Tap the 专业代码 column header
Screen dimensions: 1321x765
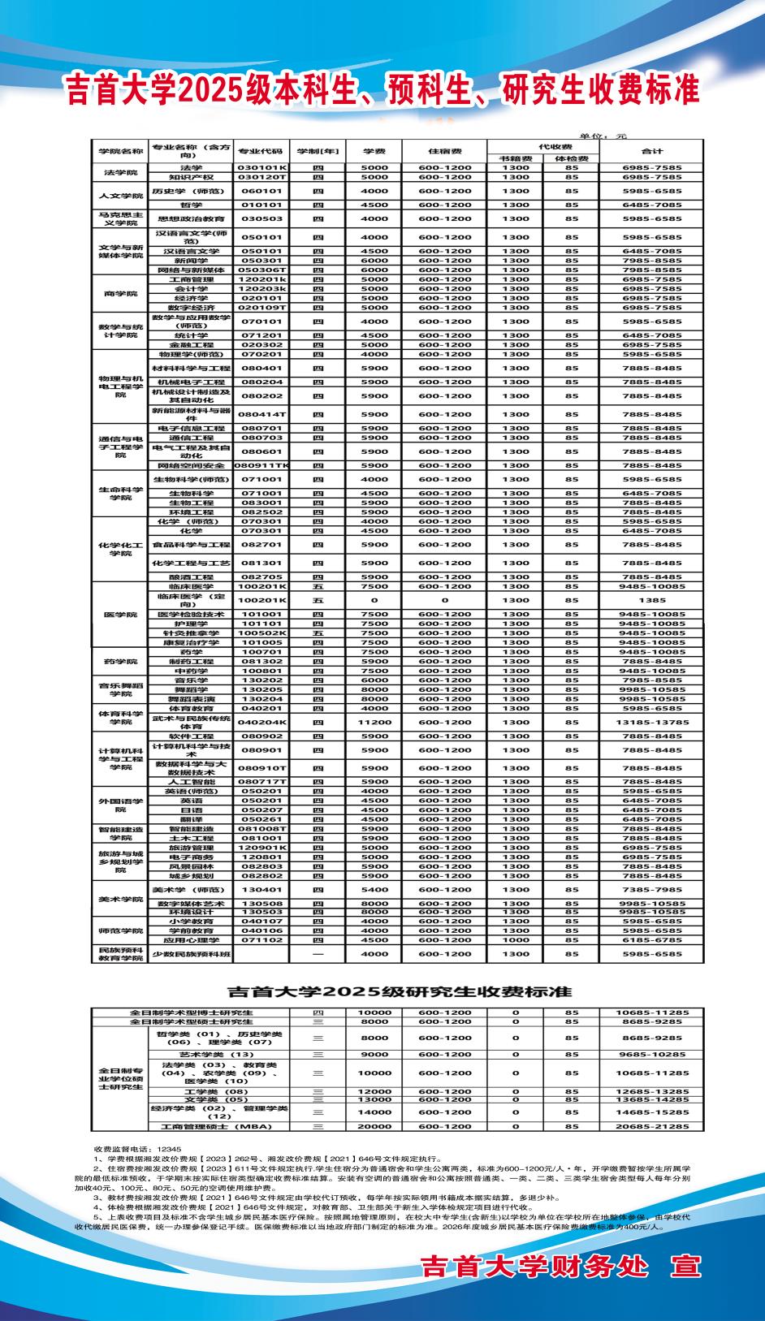click(260, 151)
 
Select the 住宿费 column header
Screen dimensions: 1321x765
click(444, 151)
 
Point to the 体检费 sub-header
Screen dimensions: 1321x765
click(572, 158)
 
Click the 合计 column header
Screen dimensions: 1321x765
click(652, 151)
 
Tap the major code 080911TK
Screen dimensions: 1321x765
click(261, 466)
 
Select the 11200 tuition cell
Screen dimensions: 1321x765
click(374, 722)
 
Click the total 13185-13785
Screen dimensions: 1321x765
click(652, 722)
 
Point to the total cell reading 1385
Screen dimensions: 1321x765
click(652, 600)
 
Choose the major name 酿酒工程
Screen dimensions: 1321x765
click(191, 576)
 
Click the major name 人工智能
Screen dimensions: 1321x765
click(191, 781)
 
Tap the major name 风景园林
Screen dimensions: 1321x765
click(191, 867)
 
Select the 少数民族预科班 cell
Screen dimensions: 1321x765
click(191, 954)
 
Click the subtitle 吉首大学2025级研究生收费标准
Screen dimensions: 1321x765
click(399, 991)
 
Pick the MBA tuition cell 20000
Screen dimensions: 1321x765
click(374, 1127)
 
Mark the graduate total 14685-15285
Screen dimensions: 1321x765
click(652, 1112)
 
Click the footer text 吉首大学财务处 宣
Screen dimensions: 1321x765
click(560, 1267)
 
